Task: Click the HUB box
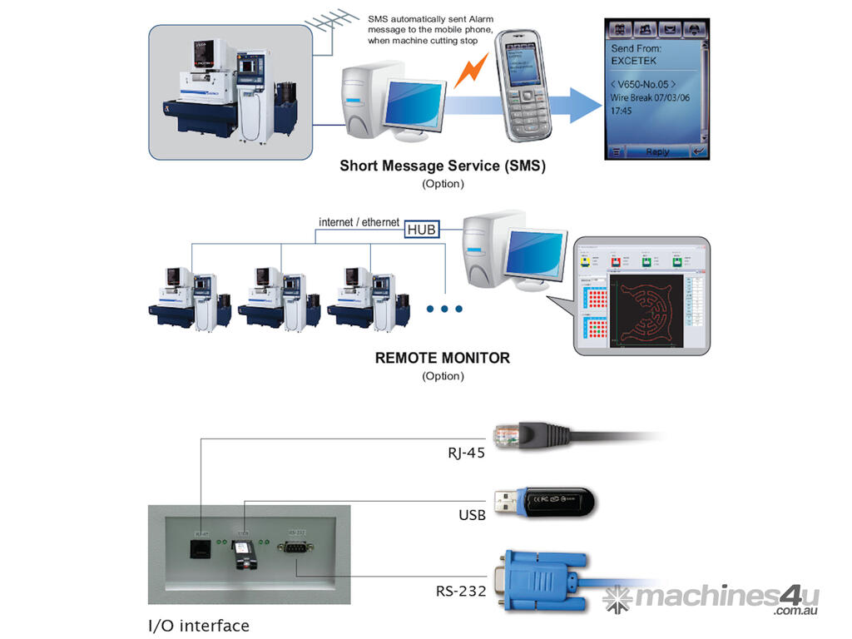tap(421, 229)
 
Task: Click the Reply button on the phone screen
tap(657, 152)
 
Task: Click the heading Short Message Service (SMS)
tap(443, 166)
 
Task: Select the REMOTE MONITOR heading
tap(443, 359)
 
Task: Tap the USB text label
tap(472, 516)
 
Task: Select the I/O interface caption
tap(198, 625)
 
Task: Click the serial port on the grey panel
tap(297, 547)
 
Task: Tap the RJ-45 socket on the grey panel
tap(201, 547)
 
